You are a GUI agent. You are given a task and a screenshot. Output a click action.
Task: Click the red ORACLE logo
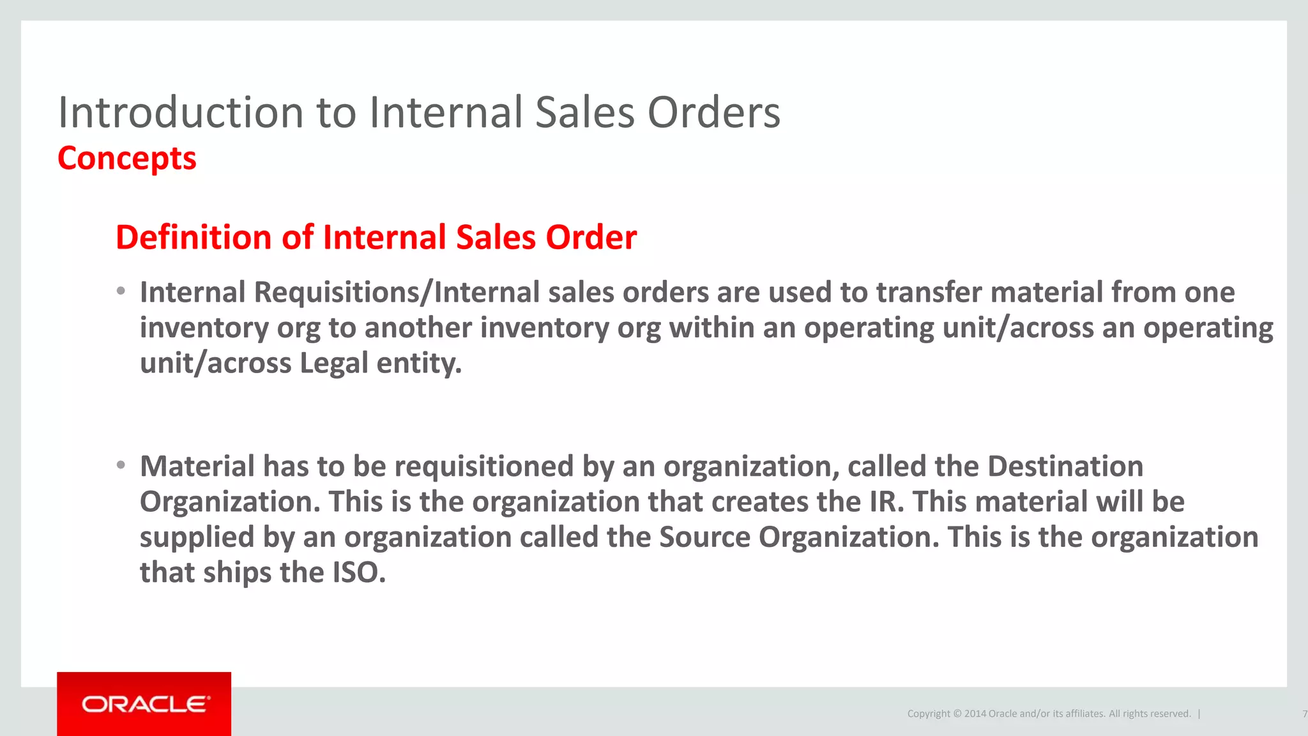click(x=144, y=704)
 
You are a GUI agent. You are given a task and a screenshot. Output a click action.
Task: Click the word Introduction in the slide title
click(x=180, y=112)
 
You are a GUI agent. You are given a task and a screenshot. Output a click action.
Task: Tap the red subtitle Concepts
click(x=127, y=158)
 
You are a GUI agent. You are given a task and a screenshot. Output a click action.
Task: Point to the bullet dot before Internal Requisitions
click(x=121, y=292)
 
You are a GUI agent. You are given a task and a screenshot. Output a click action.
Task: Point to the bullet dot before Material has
click(x=121, y=466)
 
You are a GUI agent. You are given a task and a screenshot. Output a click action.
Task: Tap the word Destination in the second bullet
click(x=1065, y=466)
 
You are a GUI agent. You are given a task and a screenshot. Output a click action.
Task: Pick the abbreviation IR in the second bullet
click(x=886, y=502)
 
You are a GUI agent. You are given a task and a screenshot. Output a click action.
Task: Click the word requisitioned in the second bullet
click(x=483, y=466)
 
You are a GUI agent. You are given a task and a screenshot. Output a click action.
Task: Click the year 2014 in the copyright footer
click(x=975, y=714)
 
